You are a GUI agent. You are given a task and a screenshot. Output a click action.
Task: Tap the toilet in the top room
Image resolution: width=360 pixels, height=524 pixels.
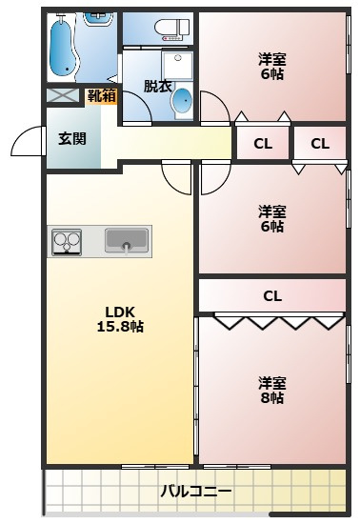[172, 29]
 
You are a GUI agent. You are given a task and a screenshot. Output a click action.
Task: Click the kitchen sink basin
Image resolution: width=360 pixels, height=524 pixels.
[127, 240]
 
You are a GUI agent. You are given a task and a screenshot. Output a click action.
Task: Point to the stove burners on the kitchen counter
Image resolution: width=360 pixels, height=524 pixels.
[67, 242]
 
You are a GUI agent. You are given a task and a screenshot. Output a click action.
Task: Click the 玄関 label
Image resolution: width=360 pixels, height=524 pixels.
[72, 138]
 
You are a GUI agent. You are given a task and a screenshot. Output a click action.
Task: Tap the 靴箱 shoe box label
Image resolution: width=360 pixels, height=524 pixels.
[102, 96]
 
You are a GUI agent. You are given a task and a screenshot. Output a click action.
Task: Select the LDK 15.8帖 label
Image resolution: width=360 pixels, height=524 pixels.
[120, 319]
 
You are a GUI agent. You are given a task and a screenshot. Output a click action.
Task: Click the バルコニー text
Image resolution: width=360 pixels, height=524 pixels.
[195, 492]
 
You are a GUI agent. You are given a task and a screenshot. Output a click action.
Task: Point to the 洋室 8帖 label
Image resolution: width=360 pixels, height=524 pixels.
[272, 390]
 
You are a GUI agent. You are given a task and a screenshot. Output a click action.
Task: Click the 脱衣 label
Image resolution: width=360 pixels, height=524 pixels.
[158, 86]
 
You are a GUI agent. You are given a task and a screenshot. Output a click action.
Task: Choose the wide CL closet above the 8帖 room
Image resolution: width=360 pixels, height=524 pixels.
[272, 295]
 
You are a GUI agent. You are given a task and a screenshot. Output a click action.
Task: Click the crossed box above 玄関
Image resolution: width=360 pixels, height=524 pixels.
[63, 95]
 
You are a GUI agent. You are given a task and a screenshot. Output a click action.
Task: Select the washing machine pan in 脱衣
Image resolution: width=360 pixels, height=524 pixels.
[177, 65]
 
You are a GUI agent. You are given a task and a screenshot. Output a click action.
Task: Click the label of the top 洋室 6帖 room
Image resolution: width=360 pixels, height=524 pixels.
[272, 66]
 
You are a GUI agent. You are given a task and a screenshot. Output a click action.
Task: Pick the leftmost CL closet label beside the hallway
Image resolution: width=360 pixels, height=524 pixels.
[263, 144]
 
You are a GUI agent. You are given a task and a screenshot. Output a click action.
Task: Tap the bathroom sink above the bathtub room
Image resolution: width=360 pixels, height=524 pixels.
[99, 18]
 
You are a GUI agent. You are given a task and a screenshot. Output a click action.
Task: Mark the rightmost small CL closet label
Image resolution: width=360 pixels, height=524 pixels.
[320, 144]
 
